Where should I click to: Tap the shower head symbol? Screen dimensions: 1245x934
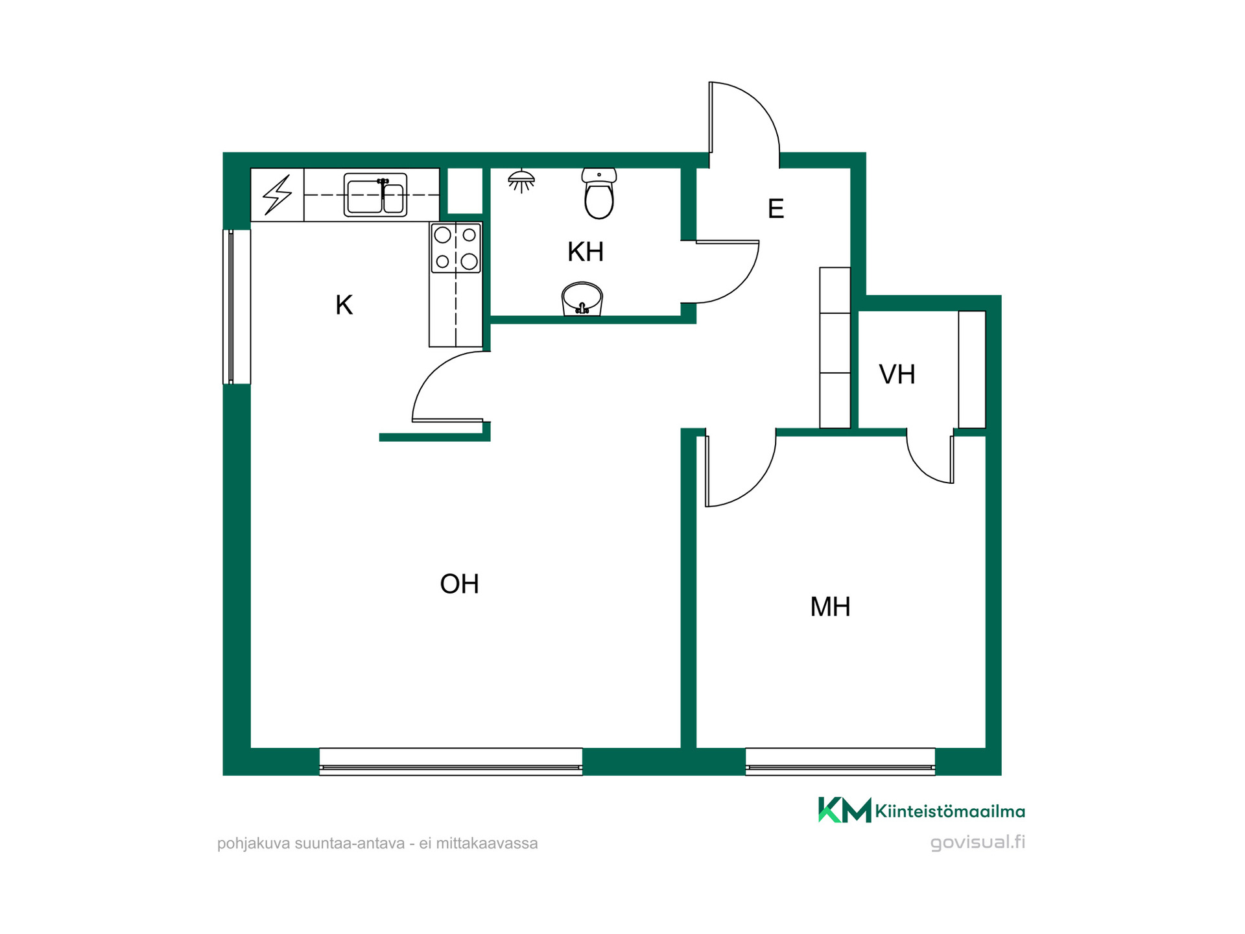tap(521, 181)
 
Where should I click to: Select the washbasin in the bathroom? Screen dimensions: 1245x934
tap(582, 299)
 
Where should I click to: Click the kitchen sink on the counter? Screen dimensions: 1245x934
tap(375, 194)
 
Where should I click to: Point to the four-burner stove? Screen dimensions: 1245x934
tap(456, 248)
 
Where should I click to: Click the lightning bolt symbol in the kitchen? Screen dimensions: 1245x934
tap(277, 195)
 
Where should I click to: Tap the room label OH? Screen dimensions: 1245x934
tap(459, 584)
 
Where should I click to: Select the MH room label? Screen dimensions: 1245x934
tap(830, 606)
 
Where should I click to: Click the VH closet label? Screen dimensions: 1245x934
tap(897, 374)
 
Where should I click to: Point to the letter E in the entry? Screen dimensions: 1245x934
tap(776, 209)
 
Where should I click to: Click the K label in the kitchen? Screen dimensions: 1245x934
tap(344, 305)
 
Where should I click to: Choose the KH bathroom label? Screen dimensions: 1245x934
tap(586, 252)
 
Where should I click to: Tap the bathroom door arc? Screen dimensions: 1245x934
tap(739, 285)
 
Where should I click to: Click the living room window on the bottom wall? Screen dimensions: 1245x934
tap(451, 761)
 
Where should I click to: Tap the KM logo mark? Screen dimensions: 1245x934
tap(844, 809)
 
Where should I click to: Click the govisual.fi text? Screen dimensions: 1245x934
tap(977, 843)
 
